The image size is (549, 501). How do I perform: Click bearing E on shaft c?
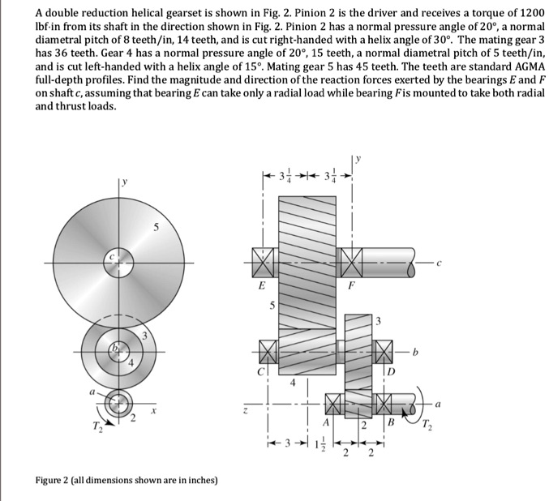(261, 263)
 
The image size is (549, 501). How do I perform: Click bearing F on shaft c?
(352, 263)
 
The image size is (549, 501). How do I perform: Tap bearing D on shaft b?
(384, 353)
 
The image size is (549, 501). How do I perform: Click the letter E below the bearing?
(260, 285)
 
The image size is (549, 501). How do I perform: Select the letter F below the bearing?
(352, 285)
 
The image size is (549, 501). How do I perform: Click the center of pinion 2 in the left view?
(119, 401)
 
